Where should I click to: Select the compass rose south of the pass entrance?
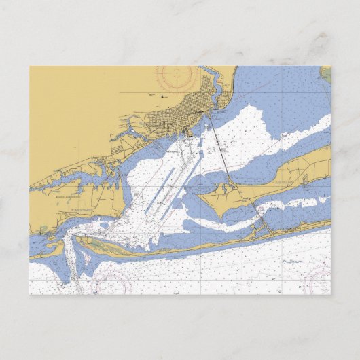111,284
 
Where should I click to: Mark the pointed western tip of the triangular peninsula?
198,198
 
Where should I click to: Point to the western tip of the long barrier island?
76,238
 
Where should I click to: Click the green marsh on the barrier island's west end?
102,241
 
